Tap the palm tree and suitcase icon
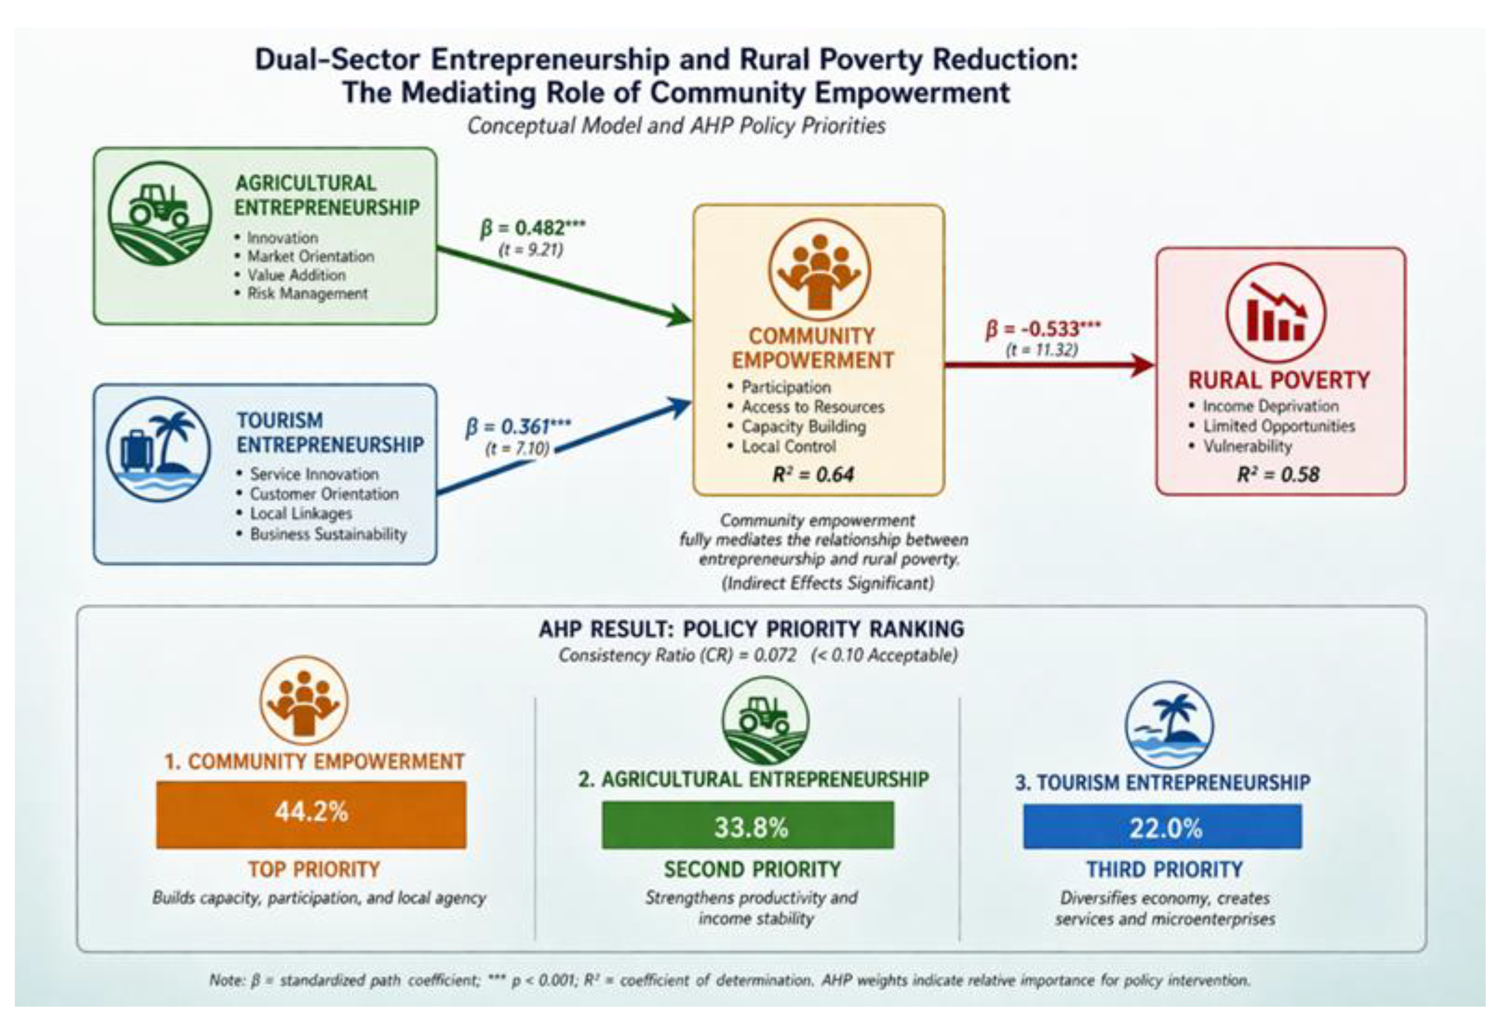[x=158, y=449]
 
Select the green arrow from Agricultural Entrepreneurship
[x=564, y=285]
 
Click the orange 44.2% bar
[x=311, y=815]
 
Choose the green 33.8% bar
[x=748, y=825]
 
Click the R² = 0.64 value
[x=813, y=475]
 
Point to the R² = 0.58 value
[x=1278, y=475]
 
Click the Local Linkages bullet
[x=294, y=514]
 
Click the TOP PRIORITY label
[x=314, y=869]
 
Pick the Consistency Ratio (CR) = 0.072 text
[x=677, y=655]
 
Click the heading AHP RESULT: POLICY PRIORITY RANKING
[x=751, y=628]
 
